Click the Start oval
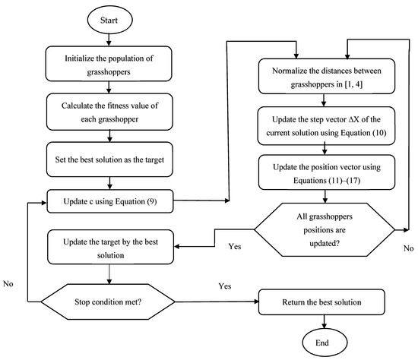pos(112,21)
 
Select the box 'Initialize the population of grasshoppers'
pos(112,62)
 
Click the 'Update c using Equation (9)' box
pos(112,201)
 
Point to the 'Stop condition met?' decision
pos(112,302)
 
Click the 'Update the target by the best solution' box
pos(112,245)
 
